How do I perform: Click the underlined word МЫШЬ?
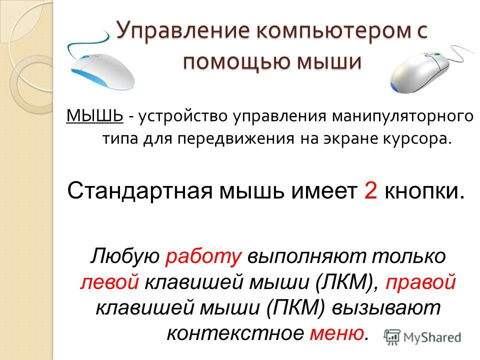[94, 116]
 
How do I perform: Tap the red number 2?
[370, 190]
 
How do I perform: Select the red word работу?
[203, 256]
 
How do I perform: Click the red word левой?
[109, 281]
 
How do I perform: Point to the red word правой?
[420, 282]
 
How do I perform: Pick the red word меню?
[336, 333]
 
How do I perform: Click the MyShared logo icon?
[392, 337]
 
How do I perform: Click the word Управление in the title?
[183, 31]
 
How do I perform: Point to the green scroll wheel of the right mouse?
[436, 54]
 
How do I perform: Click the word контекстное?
[235, 333]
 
